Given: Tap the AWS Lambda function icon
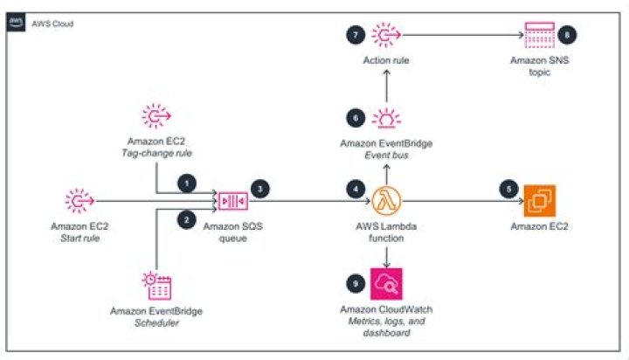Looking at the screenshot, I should (x=387, y=202).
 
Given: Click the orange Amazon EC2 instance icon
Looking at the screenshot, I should (x=539, y=202).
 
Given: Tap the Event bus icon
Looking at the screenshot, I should (x=387, y=119).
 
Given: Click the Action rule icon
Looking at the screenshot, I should (x=387, y=35).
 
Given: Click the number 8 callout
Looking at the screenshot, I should (x=570, y=34).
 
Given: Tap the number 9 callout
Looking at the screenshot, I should (x=355, y=281).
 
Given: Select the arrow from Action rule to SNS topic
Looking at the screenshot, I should (x=463, y=35).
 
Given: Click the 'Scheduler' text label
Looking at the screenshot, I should (x=158, y=322).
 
